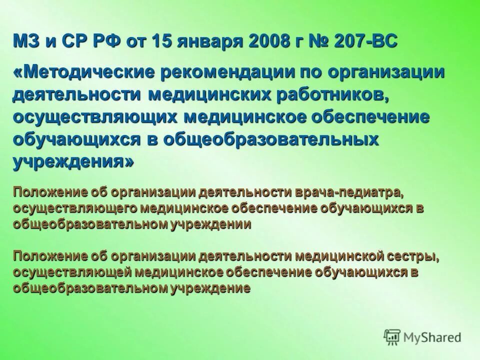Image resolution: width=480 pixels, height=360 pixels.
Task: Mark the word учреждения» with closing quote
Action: [73, 163]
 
